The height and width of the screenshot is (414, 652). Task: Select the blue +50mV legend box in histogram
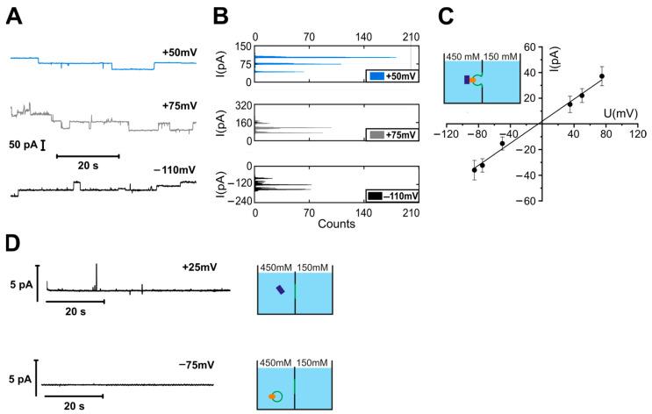pyautogui.click(x=396, y=76)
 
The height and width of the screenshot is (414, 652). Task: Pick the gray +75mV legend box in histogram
pyautogui.click(x=396, y=135)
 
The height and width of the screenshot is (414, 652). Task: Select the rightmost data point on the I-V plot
pyautogui.click(x=602, y=76)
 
